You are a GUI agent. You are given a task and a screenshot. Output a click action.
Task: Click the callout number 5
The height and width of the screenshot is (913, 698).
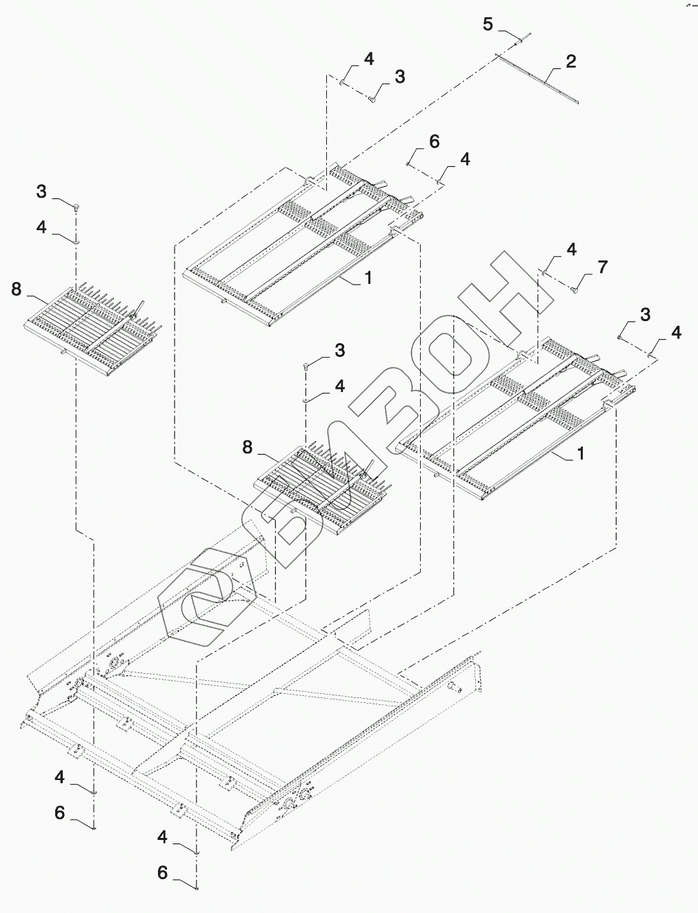pos(488,24)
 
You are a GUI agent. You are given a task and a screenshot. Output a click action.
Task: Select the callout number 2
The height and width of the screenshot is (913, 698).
pos(570,61)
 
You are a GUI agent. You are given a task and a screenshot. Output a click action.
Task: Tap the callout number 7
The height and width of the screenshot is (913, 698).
pos(603,267)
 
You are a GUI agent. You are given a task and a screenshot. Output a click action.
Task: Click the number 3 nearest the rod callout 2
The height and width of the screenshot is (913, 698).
pos(399,77)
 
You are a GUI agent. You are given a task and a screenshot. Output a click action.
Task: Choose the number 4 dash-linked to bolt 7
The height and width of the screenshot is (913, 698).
pos(572,249)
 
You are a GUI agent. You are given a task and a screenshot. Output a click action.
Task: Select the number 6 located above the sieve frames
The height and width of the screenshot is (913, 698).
pos(434,142)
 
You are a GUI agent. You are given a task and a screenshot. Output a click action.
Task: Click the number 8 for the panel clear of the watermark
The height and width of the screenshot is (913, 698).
pos(17,289)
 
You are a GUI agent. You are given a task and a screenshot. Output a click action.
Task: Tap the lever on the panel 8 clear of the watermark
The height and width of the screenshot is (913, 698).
pos(137,309)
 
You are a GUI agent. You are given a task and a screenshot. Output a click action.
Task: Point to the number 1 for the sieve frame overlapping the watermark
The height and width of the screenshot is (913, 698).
pos(580,453)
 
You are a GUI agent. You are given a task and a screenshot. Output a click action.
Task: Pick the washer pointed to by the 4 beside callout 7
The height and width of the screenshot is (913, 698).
pos(544,272)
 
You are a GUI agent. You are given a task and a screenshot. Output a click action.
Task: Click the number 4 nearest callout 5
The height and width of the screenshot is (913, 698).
pos(369,59)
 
